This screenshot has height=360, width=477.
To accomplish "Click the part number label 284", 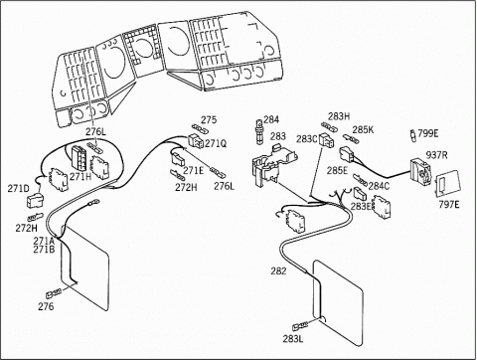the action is coord(271,119).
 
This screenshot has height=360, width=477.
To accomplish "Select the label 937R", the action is coord(436,155).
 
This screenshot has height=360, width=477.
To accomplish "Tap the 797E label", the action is coord(449,205).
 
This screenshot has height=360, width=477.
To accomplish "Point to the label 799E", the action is coord(428,133).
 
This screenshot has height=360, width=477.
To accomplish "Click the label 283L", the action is coord(293,338).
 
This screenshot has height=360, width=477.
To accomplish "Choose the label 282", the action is coord(278,270).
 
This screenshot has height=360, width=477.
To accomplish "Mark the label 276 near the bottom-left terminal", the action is coord(46,306).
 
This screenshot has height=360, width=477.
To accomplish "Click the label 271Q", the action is coord(216,143).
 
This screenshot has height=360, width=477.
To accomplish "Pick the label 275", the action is coord(209,119).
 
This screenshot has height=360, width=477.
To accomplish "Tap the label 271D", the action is coord(18,189).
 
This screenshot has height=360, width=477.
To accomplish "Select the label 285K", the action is coord(363,129).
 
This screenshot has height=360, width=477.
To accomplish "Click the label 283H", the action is coord(339,116).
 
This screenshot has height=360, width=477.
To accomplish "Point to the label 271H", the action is coord(80,176).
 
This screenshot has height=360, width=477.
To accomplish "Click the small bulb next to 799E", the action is coord(412,135).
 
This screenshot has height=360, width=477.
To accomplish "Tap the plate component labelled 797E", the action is coord(447,183).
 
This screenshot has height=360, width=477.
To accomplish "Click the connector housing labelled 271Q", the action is coord(196,141).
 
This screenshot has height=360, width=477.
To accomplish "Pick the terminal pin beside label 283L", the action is coord(298,326).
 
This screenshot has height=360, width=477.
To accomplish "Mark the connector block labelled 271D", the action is coord(35,201).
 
